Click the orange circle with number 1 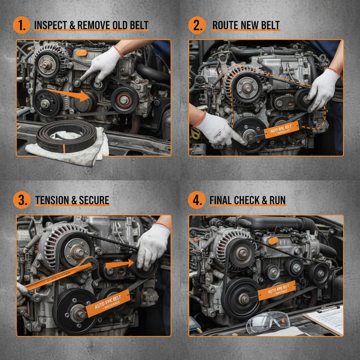21,25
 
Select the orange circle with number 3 21,201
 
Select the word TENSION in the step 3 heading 52,201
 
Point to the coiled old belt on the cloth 67,137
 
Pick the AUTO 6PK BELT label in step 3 107,303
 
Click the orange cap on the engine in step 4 273,240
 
